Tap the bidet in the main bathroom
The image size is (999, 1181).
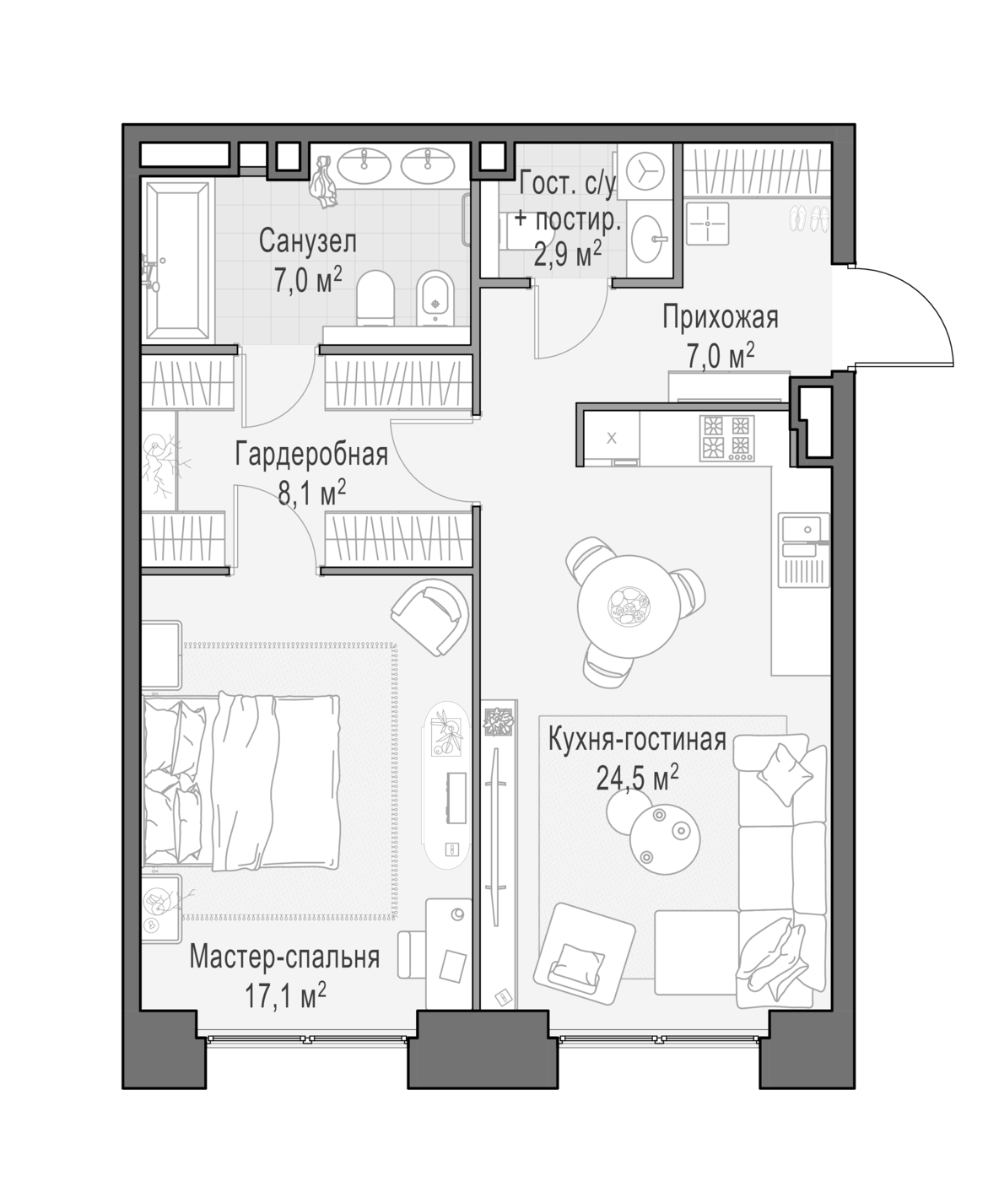[x=435, y=298]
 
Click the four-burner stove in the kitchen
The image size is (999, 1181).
[x=726, y=438]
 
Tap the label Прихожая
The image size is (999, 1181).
[x=720, y=318]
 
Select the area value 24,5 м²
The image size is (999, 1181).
[x=637, y=778]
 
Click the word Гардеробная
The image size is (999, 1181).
[x=311, y=456]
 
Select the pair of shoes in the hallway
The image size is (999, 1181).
[x=809, y=219]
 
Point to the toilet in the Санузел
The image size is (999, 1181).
[x=375, y=297]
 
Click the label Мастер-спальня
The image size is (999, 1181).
[x=284, y=957]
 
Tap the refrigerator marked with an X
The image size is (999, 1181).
[x=611, y=439]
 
